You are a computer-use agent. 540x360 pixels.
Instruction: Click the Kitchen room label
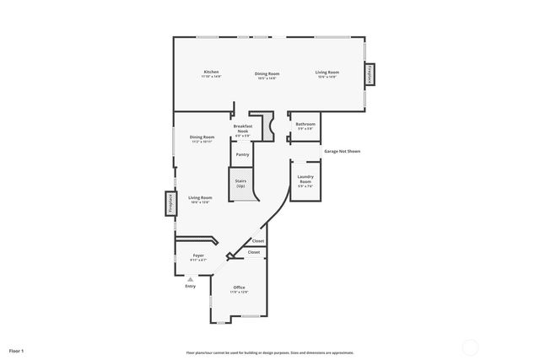[x=211, y=73]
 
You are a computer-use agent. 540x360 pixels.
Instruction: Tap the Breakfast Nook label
[x=243, y=129]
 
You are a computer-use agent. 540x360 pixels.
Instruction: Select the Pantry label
[x=242, y=154]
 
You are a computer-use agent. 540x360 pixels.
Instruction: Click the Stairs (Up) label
[x=240, y=182]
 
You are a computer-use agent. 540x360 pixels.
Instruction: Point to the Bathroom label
[x=305, y=125]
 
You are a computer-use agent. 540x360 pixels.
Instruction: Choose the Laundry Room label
[x=305, y=180]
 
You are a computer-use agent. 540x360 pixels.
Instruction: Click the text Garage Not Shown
[x=343, y=152]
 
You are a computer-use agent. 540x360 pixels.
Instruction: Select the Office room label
[x=240, y=289]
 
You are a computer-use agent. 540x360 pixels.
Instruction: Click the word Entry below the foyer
[x=190, y=287]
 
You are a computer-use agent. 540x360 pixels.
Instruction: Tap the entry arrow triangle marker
[x=190, y=279]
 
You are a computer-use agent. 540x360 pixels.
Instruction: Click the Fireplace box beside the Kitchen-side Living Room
[x=370, y=74]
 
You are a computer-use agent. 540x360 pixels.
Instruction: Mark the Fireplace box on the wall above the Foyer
[x=169, y=204]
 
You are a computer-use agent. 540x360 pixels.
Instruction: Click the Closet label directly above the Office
[x=254, y=252]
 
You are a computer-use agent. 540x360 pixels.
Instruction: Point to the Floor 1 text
[x=17, y=350]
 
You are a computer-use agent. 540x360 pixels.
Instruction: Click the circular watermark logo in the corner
[x=470, y=346]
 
